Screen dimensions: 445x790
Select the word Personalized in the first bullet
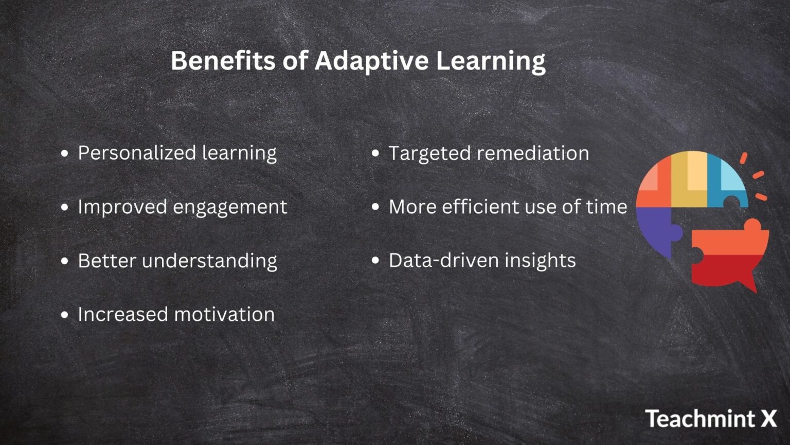[136, 153]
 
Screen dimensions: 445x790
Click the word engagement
[229, 207]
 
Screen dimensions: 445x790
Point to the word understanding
[209, 261]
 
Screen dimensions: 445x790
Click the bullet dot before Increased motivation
[64, 315]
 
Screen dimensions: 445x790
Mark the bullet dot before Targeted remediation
[375, 153]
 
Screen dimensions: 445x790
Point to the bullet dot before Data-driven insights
[375, 261]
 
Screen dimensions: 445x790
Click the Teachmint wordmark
[701, 418]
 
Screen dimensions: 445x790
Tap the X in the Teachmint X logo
[768, 418]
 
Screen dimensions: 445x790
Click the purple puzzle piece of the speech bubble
[656, 229]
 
